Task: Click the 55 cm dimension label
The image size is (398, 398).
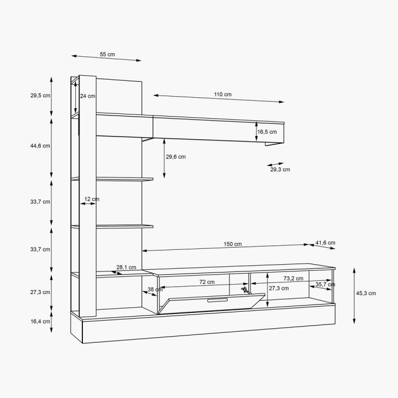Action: coord(107,54)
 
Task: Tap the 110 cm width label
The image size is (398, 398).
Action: coord(223,95)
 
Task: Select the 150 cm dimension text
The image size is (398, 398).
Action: coord(233,244)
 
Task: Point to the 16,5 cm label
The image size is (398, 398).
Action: coord(267,132)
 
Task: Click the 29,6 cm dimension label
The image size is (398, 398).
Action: coord(176,157)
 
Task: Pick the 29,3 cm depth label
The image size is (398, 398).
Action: coord(280,170)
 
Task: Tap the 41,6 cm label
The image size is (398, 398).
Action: coord(325,243)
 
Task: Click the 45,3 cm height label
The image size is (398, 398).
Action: coord(366,293)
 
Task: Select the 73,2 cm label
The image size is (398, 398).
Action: coord(293,279)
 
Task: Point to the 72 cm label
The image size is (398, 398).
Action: coord(207,282)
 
